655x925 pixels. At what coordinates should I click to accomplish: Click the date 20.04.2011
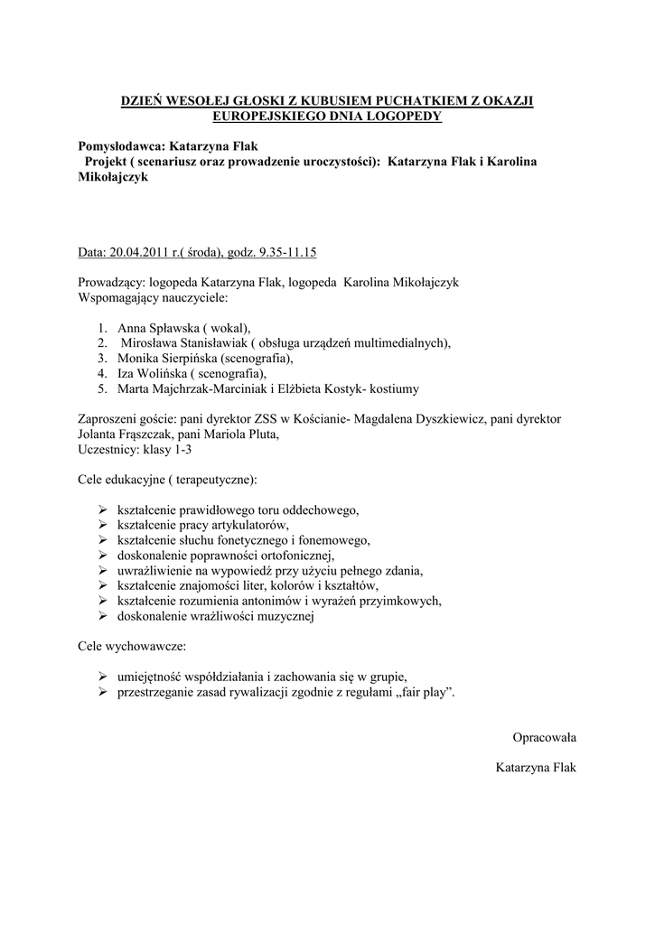(x=138, y=252)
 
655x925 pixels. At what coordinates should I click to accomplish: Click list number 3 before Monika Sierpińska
(x=104, y=359)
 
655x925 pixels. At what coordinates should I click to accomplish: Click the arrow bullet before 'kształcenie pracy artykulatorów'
(x=103, y=525)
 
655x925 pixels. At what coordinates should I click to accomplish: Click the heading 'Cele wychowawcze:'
(x=132, y=648)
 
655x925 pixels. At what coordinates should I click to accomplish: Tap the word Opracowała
(x=544, y=737)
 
